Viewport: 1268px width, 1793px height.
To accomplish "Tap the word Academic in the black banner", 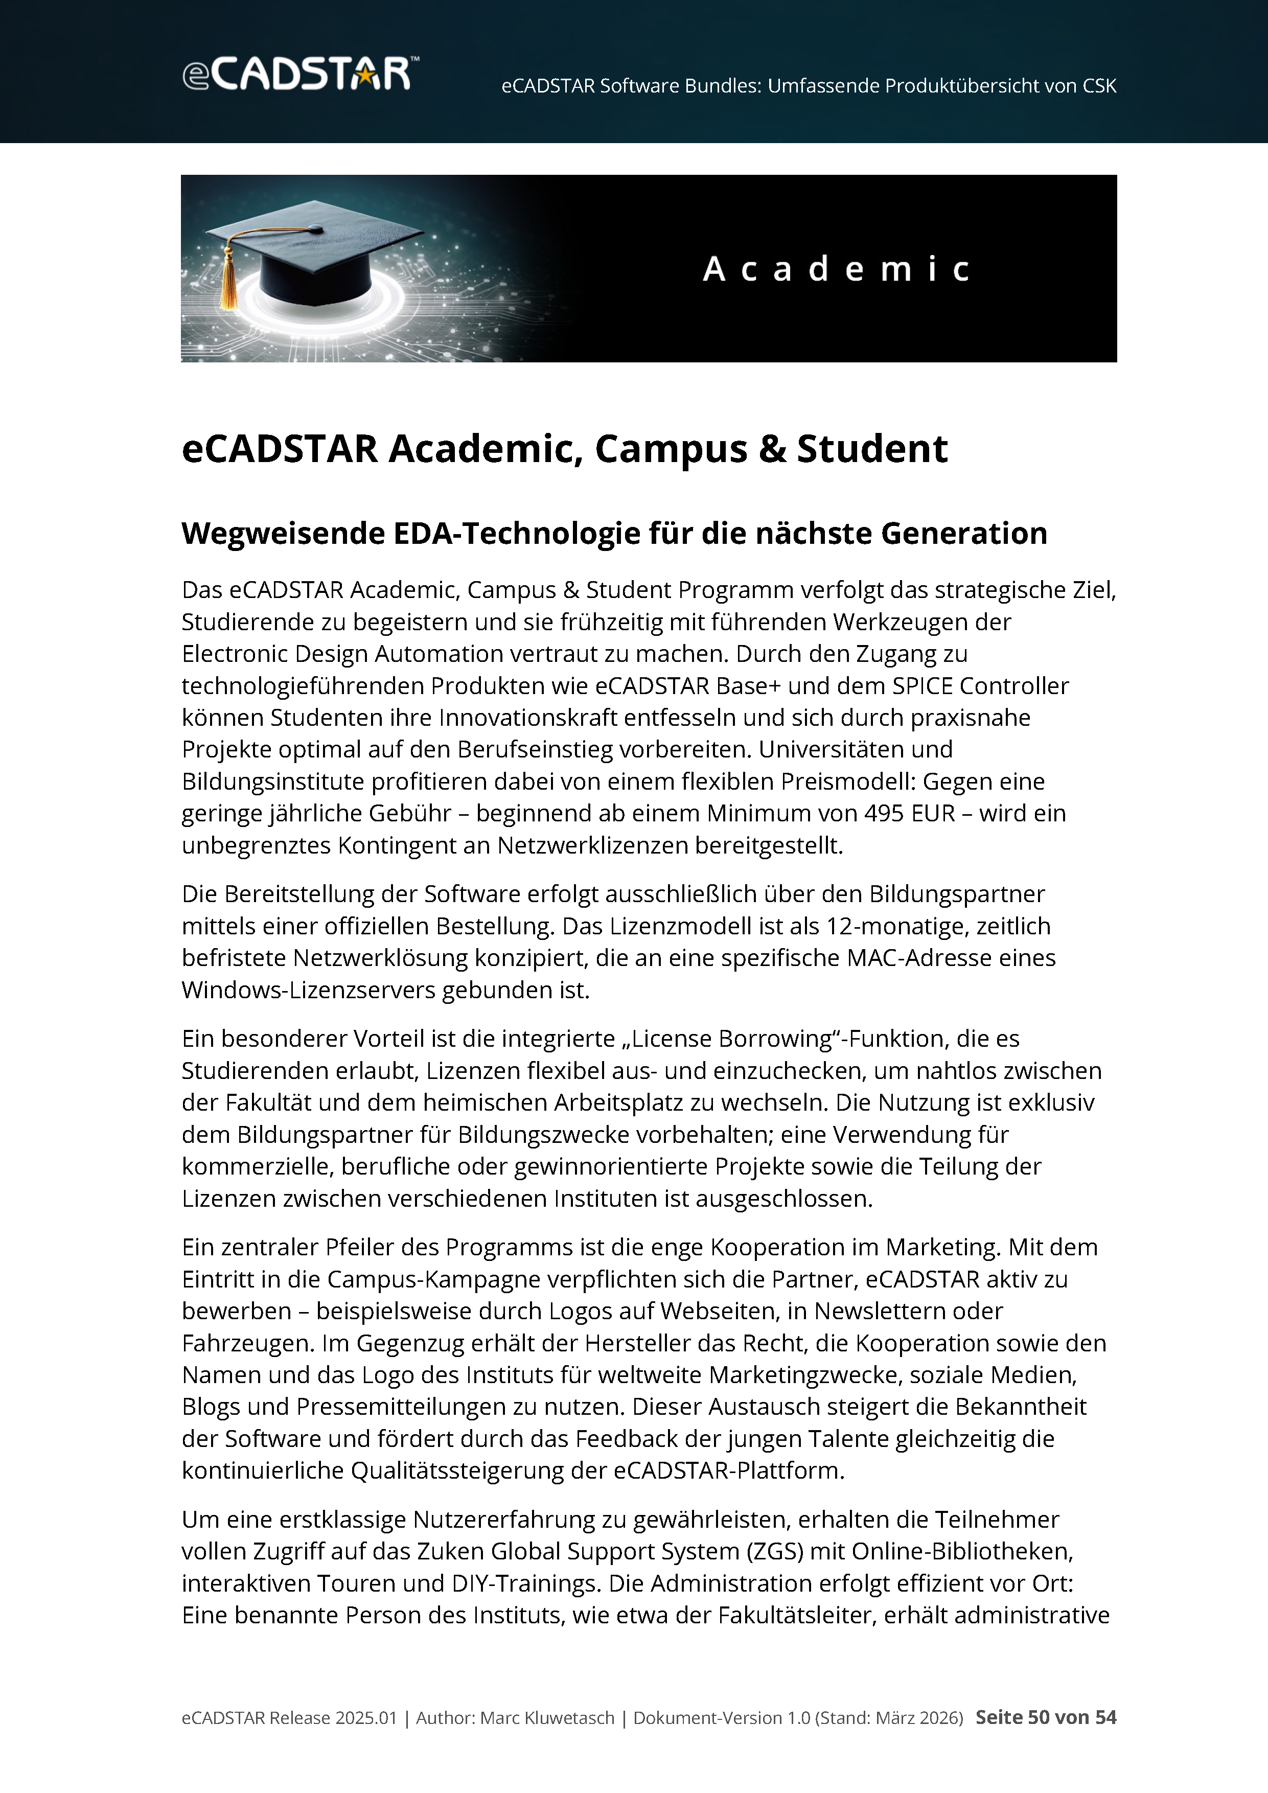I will pos(836,269).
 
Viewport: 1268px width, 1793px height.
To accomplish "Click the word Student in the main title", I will pos(872,449).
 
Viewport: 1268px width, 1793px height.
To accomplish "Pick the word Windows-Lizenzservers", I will pos(308,990).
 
